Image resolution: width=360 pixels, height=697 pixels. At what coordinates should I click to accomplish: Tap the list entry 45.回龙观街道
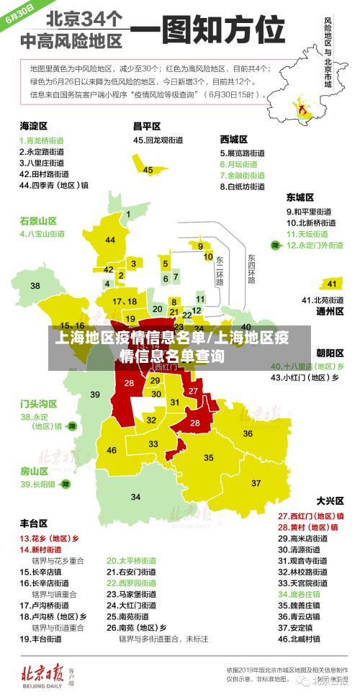[160, 140]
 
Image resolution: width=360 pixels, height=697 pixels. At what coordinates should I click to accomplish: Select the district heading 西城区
[234, 139]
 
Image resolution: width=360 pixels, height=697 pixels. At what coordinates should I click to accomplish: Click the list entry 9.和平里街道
[309, 212]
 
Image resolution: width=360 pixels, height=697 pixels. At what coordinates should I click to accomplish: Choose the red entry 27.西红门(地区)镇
[310, 516]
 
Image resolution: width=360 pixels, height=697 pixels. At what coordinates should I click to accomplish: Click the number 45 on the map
[148, 170]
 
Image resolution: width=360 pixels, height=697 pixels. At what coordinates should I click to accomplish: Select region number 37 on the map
[256, 482]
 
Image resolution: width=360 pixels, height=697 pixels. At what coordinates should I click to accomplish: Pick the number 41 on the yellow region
[331, 284]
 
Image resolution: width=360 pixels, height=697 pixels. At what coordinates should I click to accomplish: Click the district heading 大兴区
[330, 500]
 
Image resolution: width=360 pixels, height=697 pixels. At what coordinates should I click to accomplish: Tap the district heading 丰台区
[34, 523]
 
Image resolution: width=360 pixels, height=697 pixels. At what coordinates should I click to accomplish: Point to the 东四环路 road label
[251, 269]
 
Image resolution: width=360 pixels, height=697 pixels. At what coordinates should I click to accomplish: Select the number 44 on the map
[110, 240]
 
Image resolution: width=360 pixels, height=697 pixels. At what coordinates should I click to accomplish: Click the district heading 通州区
[330, 311]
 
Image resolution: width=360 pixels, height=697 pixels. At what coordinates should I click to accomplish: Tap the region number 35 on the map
[209, 457]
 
